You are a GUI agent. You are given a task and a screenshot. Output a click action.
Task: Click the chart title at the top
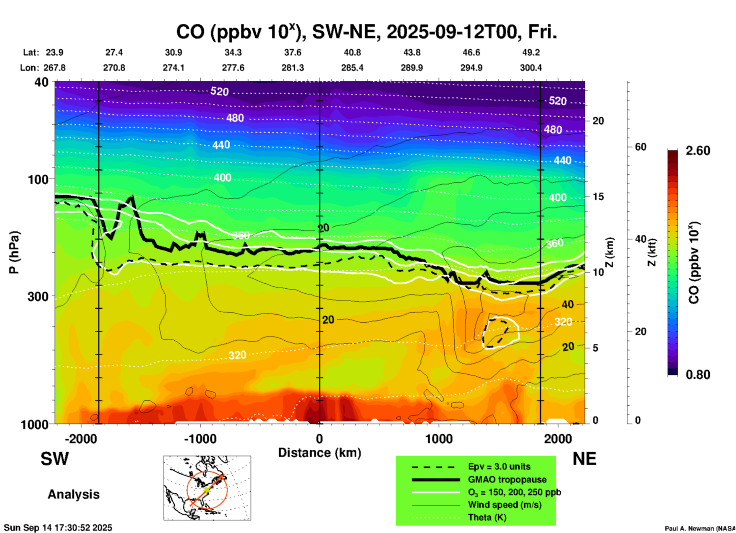coord(366,32)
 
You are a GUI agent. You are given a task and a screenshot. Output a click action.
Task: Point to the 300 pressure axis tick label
coord(38,296)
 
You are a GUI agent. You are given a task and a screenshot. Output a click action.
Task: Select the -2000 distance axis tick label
coord(81,439)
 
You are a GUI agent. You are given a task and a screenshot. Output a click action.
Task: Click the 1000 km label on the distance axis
coord(439,439)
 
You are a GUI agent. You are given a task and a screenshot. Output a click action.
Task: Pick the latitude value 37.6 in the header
coord(293,52)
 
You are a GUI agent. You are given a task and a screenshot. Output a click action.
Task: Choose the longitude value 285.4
coord(352,68)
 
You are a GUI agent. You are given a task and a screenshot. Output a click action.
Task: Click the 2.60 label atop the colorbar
coord(698,151)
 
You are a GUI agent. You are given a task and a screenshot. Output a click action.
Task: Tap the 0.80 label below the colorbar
coord(698,374)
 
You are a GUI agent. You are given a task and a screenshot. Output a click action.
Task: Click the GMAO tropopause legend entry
coord(507,479)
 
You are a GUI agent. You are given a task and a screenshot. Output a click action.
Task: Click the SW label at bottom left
coord(55,459)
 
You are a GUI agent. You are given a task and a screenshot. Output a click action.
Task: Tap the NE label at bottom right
coord(584,459)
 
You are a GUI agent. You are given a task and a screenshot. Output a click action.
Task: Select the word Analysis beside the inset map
coord(73,494)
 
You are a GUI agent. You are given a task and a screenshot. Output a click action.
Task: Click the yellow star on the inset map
coord(207,489)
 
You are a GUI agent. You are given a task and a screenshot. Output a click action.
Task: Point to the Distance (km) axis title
coord(319,453)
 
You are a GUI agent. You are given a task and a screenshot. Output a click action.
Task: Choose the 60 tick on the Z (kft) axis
coord(640,147)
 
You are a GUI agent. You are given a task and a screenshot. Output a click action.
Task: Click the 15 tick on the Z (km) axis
coord(598,197)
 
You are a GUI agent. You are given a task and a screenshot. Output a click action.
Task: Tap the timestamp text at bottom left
coord(58,528)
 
